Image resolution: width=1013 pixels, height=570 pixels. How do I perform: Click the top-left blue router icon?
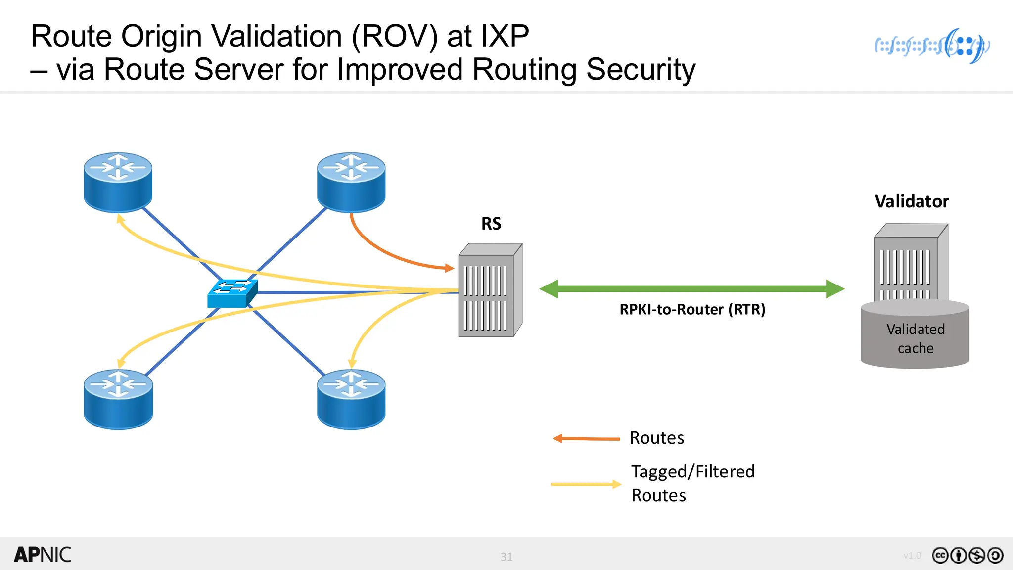click(118, 182)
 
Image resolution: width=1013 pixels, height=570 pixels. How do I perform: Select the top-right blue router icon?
click(351, 182)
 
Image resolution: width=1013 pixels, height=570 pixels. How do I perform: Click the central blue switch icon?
click(232, 293)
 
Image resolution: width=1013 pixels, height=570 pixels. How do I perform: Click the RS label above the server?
click(491, 224)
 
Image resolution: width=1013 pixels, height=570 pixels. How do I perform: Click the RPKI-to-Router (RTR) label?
click(692, 309)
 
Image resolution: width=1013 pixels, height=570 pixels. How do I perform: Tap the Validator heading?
click(912, 201)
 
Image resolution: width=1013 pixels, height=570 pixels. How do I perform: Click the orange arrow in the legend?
click(586, 438)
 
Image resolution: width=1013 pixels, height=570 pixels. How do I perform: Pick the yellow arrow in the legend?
click(586, 484)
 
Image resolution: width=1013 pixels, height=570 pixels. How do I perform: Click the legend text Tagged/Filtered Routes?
click(692, 483)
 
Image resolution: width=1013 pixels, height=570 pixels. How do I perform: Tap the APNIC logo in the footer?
click(43, 555)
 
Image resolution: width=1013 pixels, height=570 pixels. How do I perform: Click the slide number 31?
click(506, 557)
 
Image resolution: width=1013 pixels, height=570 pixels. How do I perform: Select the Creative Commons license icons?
click(967, 556)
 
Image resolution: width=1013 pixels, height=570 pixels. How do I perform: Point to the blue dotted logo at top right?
click(932, 46)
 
